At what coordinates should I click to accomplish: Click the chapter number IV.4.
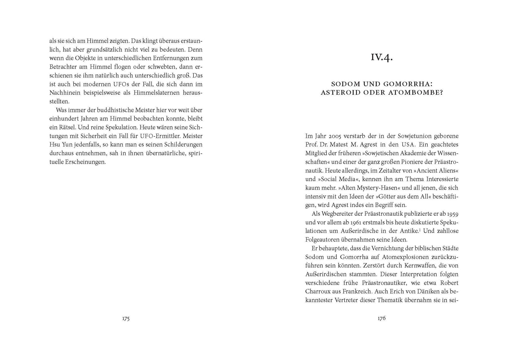pos(382,58)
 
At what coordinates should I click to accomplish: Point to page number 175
pos(126,319)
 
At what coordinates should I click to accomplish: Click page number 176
pos(382,318)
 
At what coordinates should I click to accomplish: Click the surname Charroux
pos(317,291)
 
